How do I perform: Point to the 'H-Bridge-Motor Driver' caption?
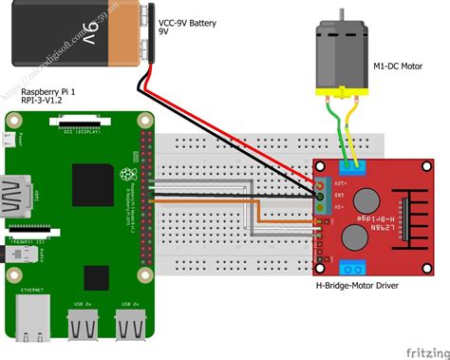click(x=368, y=284)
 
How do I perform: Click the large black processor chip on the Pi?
click(x=94, y=185)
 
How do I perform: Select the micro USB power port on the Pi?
click(x=10, y=142)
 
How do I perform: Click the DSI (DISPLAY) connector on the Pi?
click(x=81, y=125)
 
